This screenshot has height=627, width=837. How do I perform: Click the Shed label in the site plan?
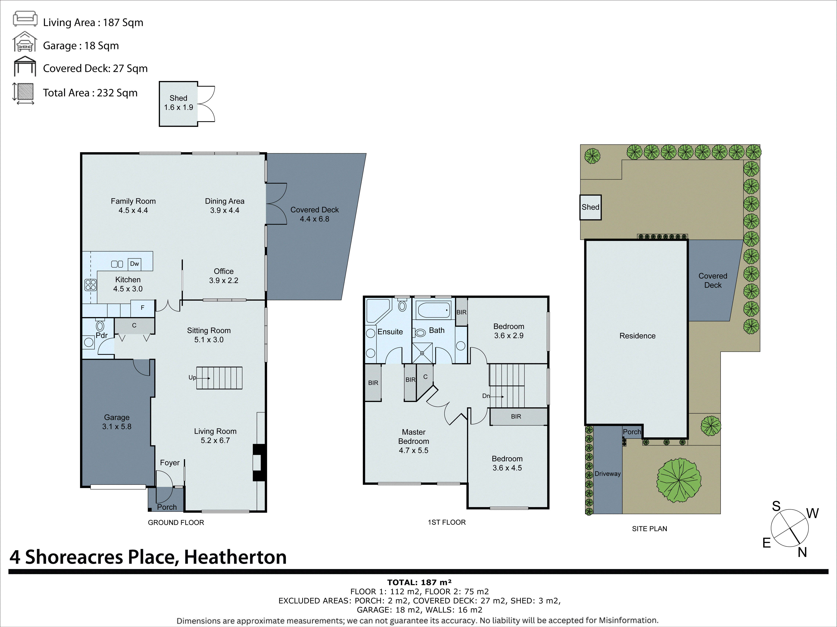point(590,207)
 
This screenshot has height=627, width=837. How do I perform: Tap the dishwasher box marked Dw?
point(134,264)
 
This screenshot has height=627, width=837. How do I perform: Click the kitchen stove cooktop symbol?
point(91,285)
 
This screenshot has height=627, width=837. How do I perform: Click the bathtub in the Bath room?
point(433,310)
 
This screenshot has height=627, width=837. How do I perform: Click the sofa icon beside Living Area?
point(25,19)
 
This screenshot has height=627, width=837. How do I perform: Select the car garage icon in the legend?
point(25,42)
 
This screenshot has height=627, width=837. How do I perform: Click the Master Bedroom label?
point(414,441)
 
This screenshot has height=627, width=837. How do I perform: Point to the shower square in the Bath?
point(422,353)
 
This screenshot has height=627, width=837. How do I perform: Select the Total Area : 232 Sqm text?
point(90,93)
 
